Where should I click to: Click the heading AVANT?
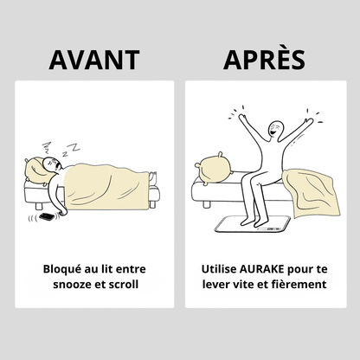94,60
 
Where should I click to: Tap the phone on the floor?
46,216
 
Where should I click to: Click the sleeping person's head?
52,164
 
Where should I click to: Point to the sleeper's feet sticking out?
152,177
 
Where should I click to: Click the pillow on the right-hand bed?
214,169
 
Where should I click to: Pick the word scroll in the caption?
124,285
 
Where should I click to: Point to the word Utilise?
219,269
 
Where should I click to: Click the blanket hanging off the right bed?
312,193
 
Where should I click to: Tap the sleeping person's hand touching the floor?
62,213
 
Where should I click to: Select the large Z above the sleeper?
75,147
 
